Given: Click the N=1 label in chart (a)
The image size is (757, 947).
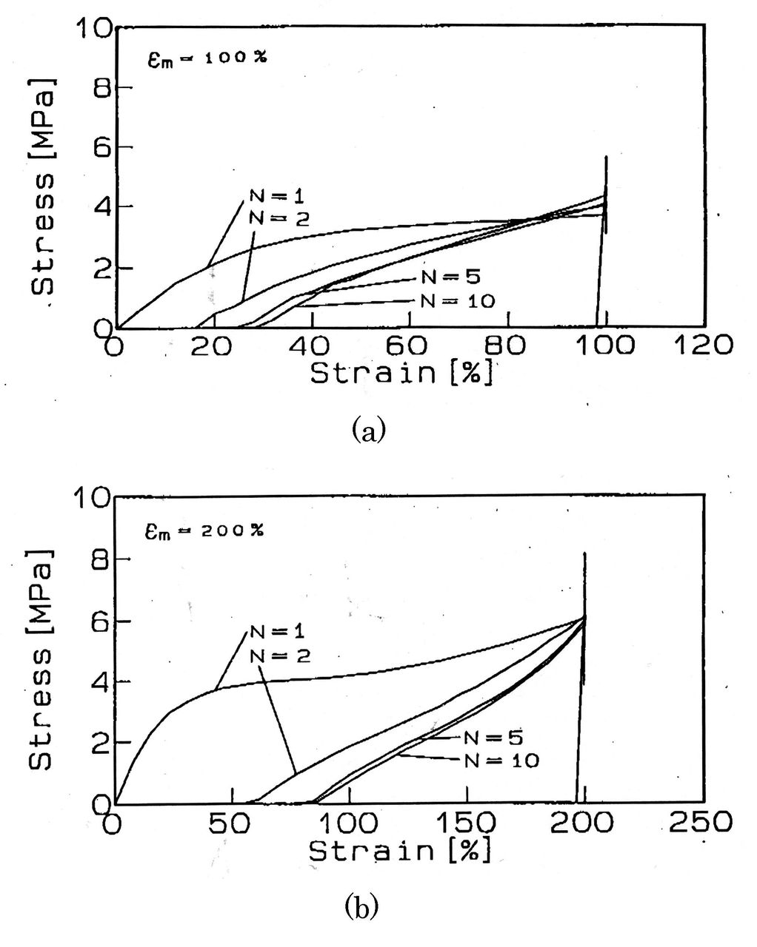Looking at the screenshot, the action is click(x=277, y=197).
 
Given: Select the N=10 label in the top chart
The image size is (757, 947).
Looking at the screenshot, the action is click(x=458, y=301).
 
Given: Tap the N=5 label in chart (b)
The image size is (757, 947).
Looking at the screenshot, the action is click(x=493, y=738).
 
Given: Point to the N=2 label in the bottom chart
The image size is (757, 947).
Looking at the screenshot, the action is click(x=280, y=656).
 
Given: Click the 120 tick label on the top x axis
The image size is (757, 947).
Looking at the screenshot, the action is click(x=703, y=345).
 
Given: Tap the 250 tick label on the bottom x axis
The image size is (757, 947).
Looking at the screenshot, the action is click(x=700, y=822).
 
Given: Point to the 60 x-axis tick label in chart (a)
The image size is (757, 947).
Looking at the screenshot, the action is click(x=406, y=346).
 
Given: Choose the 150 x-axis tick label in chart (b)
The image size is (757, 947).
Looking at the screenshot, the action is click(x=466, y=822).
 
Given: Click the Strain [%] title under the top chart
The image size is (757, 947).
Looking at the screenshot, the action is click(x=401, y=374).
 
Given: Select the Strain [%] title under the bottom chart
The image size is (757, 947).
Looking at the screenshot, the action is click(x=399, y=852).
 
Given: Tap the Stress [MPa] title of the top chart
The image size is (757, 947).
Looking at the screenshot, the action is click(x=44, y=186).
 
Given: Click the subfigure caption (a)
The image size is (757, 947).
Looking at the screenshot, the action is click(x=369, y=431).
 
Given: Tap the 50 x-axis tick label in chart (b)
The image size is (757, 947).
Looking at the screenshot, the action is click(x=230, y=822).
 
